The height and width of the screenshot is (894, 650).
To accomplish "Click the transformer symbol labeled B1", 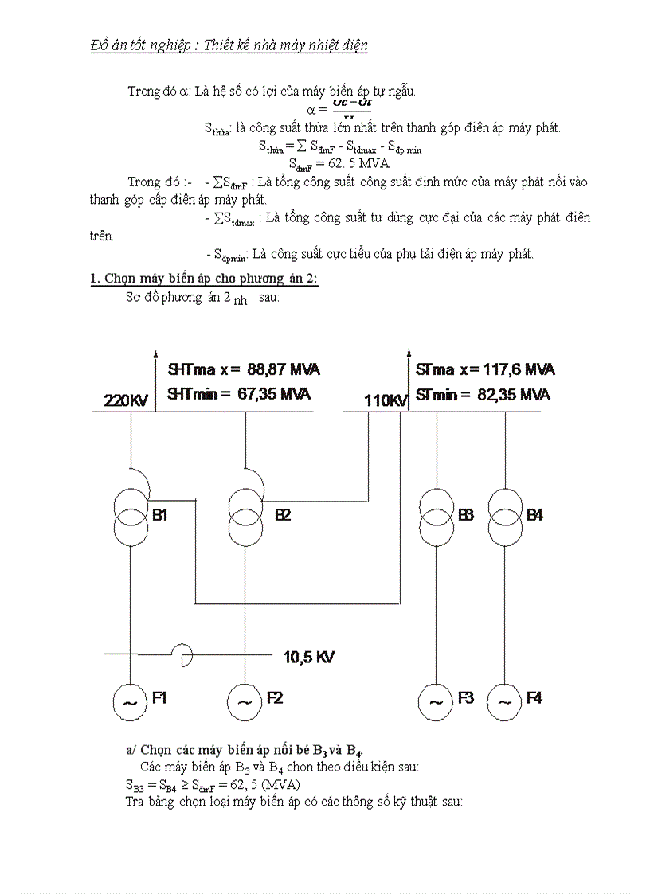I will point(131,515).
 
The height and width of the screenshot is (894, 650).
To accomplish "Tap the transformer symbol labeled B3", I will point(437,515).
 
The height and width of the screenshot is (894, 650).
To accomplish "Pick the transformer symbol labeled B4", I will point(504,515).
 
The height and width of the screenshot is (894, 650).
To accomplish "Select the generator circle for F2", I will point(245,701).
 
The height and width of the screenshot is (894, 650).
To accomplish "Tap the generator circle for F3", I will point(437,701).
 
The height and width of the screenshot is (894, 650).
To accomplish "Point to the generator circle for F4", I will point(504,701).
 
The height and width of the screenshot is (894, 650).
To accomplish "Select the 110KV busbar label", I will point(386,400).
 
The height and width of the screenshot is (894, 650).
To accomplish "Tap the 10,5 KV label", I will point(309,658).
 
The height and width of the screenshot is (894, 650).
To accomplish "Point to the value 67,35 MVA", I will point(274,394).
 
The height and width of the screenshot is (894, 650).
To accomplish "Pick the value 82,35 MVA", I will point(514,394).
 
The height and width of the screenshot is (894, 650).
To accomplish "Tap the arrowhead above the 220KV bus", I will point(155,356).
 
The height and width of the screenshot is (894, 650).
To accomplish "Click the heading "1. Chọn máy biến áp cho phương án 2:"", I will point(204,278).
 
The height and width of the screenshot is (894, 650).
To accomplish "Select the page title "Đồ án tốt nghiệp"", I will point(139,45).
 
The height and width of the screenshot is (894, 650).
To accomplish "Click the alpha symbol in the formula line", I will point(312,109).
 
